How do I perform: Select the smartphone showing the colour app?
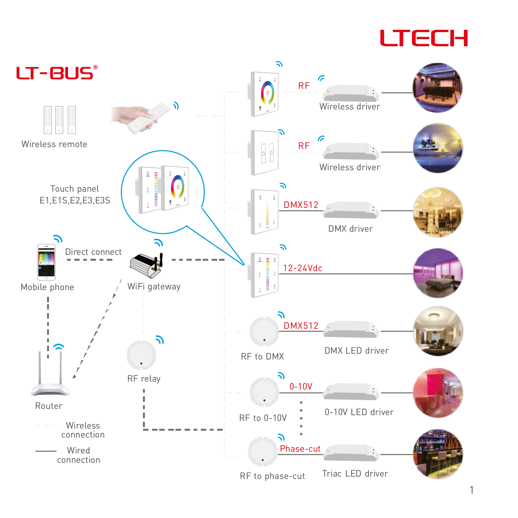coord(46,262)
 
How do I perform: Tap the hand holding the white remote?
coord(140,116)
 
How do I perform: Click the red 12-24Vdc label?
coord(303,268)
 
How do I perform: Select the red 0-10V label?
coord(300,387)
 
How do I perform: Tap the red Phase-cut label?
coord(300,449)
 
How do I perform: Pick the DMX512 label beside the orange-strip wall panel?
coord(300,205)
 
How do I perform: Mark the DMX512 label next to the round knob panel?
coord(300,325)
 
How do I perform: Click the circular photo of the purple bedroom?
coord(438,272)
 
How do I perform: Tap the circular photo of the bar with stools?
coord(438,454)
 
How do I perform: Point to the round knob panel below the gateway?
coord(141,355)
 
